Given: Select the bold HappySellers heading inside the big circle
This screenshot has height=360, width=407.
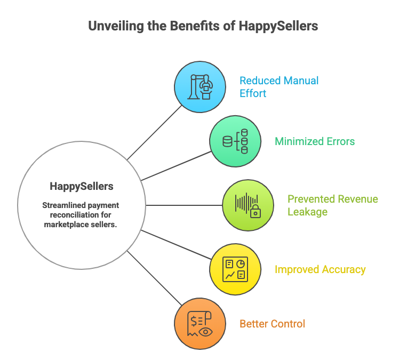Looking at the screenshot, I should coord(82,186).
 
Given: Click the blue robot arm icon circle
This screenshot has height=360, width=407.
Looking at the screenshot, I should coord(200,86).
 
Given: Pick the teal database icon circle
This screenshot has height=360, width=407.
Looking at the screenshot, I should coord(235,141).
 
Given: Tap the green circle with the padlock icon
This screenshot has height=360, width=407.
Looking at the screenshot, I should coord(248,205).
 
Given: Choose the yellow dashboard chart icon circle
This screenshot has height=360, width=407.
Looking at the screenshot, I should coord(235,269).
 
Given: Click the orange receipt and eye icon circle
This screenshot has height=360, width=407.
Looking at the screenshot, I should coord(200,324).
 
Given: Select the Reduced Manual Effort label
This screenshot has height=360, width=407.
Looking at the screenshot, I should coord(279,87).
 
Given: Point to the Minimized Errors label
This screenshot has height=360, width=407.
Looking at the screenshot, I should coord(315,141).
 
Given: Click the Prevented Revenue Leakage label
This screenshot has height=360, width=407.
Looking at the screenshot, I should coord(332,205).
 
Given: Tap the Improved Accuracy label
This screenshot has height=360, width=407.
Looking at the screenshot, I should coord(320,269).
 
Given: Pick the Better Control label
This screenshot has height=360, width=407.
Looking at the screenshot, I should coord(272,324).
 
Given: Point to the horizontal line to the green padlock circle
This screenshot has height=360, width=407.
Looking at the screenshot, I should coord(184,205).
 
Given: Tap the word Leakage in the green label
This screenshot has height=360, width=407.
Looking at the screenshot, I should coord(307,212).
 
